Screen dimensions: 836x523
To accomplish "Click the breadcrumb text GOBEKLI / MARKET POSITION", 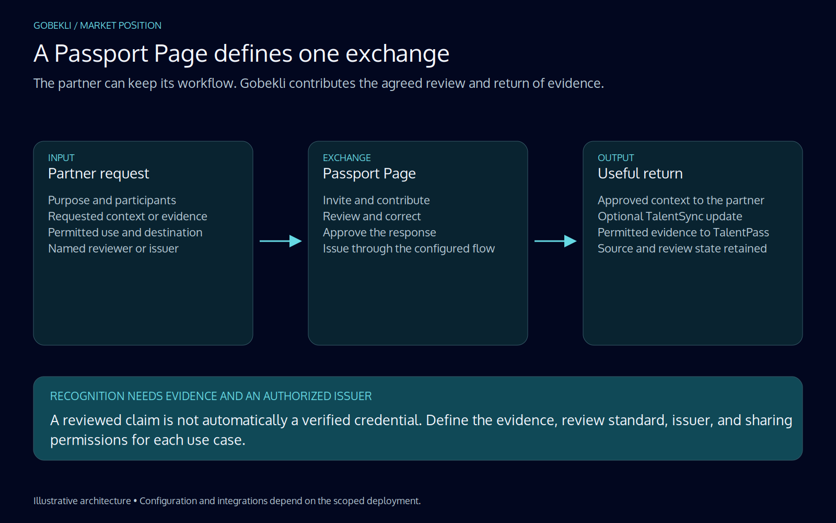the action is tap(97, 26).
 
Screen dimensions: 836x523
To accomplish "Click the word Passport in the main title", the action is tap(101, 54).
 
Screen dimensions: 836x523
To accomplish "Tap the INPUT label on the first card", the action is tap(61, 157).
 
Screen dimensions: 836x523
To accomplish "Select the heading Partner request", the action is tap(99, 174).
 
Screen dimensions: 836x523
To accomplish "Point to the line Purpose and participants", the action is tap(112, 201).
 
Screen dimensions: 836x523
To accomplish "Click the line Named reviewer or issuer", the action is tap(113, 248).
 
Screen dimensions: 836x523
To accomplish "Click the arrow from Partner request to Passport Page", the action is tap(281, 241).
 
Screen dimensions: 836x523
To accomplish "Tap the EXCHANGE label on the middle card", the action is tap(347, 157).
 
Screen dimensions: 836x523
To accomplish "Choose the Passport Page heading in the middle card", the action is tap(369, 174).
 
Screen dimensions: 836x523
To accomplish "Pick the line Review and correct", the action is tap(371, 217).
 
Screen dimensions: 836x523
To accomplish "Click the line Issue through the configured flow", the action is tap(409, 249).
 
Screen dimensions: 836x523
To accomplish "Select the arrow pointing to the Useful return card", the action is tap(555, 241).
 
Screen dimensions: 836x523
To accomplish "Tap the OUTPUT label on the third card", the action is tap(616, 157).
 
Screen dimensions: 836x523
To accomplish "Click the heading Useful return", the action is tap(640, 174).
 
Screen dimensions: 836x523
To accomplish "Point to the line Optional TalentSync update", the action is tap(670, 217).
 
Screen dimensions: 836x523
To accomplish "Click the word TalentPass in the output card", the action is tap(741, 232).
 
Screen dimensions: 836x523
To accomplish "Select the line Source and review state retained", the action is tap(682, 248).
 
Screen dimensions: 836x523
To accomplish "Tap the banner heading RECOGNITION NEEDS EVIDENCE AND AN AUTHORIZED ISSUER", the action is tap(211, 396).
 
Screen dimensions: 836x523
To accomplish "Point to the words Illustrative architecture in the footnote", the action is tap(82, 501).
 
